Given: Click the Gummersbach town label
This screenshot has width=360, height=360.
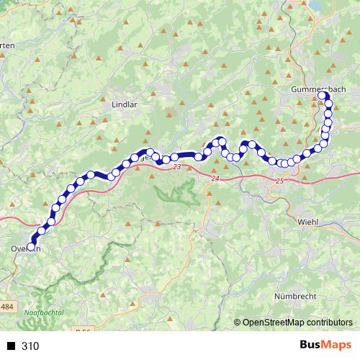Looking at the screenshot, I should (x=318, y=89).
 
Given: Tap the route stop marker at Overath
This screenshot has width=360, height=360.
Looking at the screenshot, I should (x=31, y=247).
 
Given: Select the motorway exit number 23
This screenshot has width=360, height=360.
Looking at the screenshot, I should (x=177, y=167).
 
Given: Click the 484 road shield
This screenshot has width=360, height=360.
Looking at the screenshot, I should (x=6, y=307).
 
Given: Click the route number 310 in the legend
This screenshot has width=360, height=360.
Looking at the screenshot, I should (x=30, y=346).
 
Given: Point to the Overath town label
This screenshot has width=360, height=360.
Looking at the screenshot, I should (x=22, y=249).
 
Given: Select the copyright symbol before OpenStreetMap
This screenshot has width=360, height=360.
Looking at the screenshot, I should (x=238, y=323).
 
